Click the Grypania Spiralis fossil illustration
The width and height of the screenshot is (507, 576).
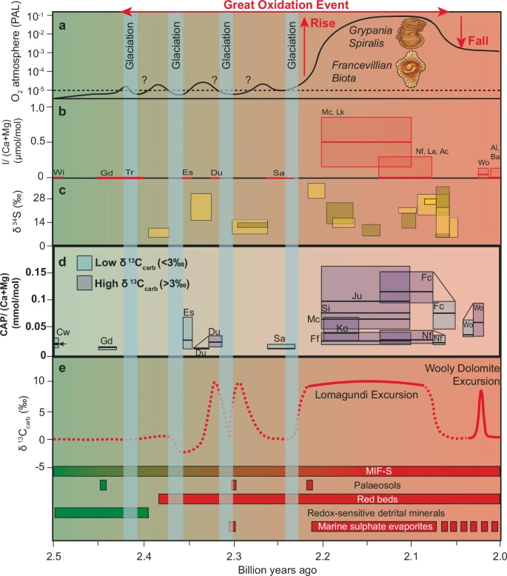[x=409, y=35]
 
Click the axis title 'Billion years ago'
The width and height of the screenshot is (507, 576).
[x=277, y=569]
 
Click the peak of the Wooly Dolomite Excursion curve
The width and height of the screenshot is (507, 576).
[x=480, y=392]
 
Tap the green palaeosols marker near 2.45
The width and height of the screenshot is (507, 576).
[x=103, y=485]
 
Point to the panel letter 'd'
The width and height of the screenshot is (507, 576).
[x=63, y=262]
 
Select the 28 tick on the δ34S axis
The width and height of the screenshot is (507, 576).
[x=43, y=198]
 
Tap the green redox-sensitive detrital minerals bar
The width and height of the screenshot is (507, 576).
[x=101, y=512]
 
